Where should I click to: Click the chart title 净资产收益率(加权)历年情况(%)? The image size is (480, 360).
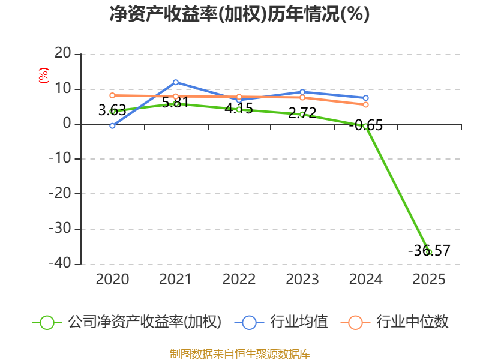pyautogui.click(x=239, y=14)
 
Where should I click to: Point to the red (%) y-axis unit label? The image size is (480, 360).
pyautogui.click(x=43, y=76)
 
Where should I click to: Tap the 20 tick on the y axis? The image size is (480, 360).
pyautogui.click(x=63, y=55)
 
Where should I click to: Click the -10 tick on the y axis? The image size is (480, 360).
pyautogui.click(x=59, y=159)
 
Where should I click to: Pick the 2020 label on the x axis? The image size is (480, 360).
pyautogui.click(x=112, y=280)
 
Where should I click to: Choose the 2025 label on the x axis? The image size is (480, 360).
pyautogui.click(x=429, y=280)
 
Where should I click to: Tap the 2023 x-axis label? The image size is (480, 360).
pyautogui.click(x=302, y=280)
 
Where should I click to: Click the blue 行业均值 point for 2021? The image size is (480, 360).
pyautogui.click(x=176, y=82)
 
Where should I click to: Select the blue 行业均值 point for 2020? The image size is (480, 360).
pyautogui.click(x=112, y=125)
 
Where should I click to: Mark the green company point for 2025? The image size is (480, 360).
pyautogui.click(x=428, y=251)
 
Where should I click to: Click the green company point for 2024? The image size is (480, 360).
pyautogui.click(x=365, y=126)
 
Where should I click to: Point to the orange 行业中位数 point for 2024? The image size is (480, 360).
pyautogui.click(x=365, y=104)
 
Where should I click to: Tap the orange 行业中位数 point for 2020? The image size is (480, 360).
pyautogui.click(x=112, y=95)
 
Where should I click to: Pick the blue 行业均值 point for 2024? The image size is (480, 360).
pyautogui.click(x=365, y=98)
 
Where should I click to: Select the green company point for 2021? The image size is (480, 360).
pyautogui.click(x=176, y=104)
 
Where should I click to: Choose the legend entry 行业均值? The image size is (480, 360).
pyautogui.click(x=284, y=322)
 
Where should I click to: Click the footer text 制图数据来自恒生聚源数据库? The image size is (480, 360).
pyautogui.click(x=239, y=353)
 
